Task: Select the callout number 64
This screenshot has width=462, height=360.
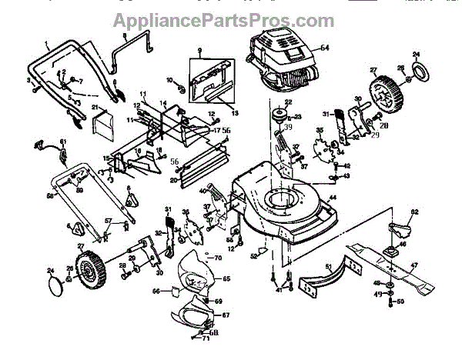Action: coord(324,48)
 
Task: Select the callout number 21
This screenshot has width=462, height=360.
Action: coord(95,107)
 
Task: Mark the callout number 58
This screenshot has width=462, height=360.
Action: coord(49,195)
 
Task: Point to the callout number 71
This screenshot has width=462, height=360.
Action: coord(206,339)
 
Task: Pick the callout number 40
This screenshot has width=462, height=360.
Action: coord(203,190)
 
